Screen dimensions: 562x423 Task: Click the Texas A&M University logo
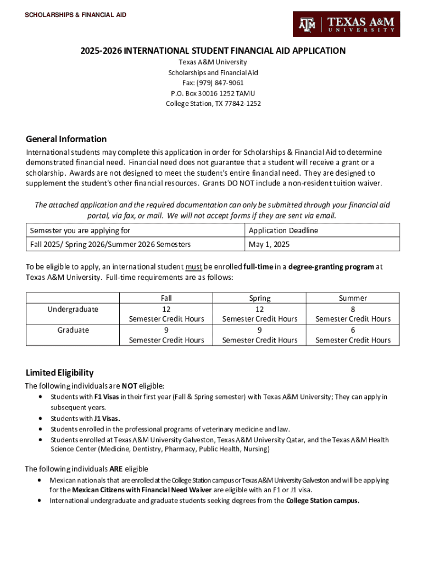[x=346, y=24]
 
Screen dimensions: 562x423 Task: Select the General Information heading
[x=66, y=139]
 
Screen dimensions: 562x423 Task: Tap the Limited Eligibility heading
[x=60, y=373]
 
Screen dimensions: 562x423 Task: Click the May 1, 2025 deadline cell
[x=269, y=244]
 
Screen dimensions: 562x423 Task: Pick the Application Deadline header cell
[x=283, y=231]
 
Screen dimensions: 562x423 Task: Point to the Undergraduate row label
[x=73, y=309]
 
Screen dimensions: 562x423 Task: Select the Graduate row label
[x=73, y=330]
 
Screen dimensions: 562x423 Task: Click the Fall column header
[x=166, y=298]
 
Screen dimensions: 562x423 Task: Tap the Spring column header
[x=260, y=298]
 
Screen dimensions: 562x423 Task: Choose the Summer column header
[x=353, y=298]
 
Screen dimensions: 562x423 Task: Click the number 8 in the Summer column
[x=353, y=309]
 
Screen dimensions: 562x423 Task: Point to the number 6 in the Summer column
[x=353, y=330]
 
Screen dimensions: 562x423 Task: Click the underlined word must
[x=194, y=267]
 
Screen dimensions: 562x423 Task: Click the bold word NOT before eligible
[x=130, y=386]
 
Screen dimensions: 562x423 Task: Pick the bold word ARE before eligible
[x=116, y=469]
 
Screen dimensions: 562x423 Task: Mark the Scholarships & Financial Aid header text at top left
[x=75, y=15]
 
